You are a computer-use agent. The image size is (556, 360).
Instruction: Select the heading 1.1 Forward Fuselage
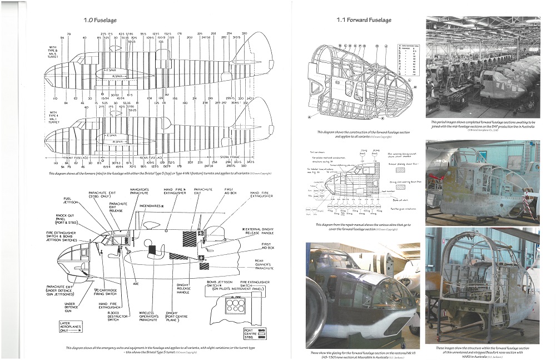coord(364,21)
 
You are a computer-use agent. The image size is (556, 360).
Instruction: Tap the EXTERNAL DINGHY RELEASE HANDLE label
coord(257,231)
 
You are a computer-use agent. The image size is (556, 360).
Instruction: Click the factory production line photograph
coord(483,67)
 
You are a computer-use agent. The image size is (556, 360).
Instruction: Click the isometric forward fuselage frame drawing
coord(361,78)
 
